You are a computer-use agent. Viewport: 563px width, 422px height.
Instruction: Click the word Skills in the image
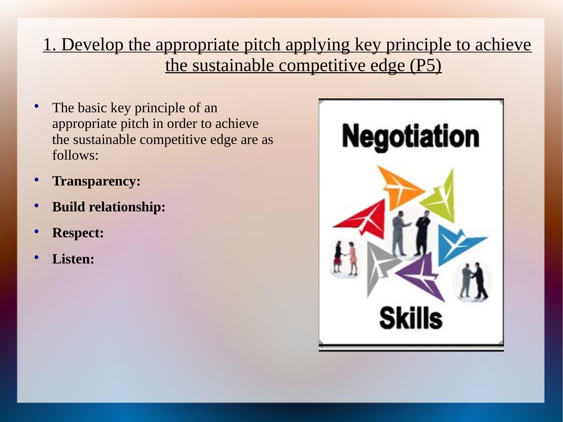[x=411, y=318]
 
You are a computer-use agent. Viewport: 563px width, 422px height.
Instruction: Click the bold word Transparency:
[x=96, y=181]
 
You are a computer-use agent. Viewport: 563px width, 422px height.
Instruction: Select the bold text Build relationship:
[x=109, y=207]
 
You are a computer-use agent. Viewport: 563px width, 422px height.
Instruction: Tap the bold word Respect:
[x=78, y=233]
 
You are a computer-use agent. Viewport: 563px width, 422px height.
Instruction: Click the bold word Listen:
[x=73, y=259]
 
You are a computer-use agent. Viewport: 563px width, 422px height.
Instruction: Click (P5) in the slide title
[x=426, y=66]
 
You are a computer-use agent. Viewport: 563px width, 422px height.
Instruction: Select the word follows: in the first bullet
[x=75, y=156]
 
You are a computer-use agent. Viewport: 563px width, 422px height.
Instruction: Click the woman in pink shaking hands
[x=352, y=258]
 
